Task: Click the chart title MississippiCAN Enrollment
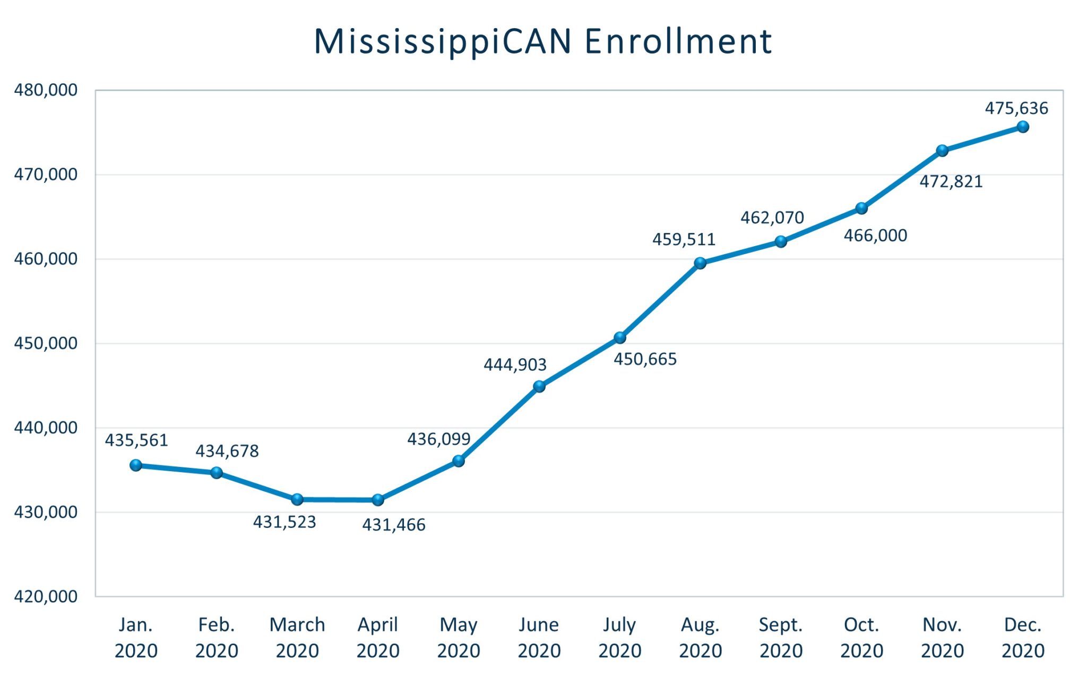point(542,41)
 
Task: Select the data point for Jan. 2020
point(136,465)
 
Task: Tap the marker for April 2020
point(378,500)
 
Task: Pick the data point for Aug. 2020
point(700,263)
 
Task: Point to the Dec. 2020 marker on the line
point(1023,127)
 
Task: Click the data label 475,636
point(1016,108)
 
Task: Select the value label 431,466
point(393,525)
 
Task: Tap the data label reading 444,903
point(514,364)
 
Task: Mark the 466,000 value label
point(875,235)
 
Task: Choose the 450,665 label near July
point(645,359)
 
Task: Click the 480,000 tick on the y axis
point(46,90)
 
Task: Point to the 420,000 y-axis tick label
point(46,596)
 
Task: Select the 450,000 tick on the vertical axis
point(46,343)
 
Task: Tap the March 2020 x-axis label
point(297,637)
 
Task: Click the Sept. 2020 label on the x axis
point(781,637)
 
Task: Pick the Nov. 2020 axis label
point(942,637)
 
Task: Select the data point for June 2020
point(539,386)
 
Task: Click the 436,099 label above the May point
point(438,439)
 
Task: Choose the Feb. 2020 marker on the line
point(217,472)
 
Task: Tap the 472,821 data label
point(951,181)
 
